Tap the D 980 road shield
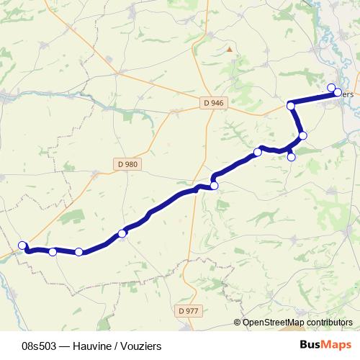(127, 164)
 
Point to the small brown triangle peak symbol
(230, 50)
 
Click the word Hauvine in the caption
(92, 346)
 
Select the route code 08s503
(40, 346)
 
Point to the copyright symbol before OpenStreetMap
(238, 323)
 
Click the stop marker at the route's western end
(22, 245)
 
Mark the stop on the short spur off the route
(291, 157)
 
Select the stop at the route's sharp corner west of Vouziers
(291, 106)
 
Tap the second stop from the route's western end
(53, 251)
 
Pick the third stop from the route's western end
(78, 252)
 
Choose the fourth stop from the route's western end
(122, 233)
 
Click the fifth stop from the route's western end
(214, 186)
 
